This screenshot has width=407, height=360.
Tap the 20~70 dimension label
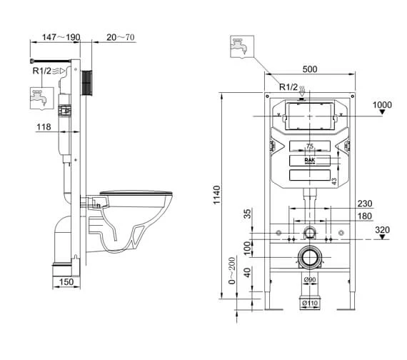tap(121, 37)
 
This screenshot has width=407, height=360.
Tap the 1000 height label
tap(383, 105)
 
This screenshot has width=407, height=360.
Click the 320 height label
tap(383, 230)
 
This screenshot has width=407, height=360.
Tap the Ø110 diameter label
tap(309, 304)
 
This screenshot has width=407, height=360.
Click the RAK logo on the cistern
tap(309, 161)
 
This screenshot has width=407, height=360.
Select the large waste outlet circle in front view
tap(309, 256)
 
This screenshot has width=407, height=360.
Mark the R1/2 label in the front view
tap(288, 87)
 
